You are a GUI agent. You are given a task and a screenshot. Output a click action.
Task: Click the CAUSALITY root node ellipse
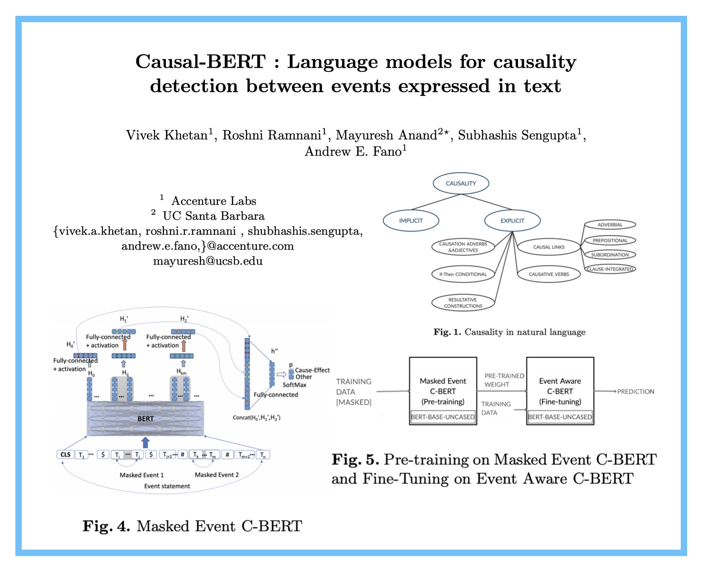click(461, 183)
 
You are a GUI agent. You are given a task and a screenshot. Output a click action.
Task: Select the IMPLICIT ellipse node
click(410, 221)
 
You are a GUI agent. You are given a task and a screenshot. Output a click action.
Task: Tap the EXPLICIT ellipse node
click(512, 221)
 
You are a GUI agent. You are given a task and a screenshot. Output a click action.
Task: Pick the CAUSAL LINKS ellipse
click(548, 247)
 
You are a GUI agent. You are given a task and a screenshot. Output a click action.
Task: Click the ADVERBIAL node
click(610, 225)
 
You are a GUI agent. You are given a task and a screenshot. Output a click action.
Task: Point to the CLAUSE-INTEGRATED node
click(610, 269)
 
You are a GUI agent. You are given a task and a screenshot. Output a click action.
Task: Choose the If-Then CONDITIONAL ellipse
click(463, 274)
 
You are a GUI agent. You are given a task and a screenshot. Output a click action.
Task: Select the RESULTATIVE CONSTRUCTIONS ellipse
click(463, 303)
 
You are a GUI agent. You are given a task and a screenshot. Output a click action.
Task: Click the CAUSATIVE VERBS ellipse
click(548, 274)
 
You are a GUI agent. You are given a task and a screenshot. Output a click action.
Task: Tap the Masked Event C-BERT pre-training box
click(443, 391)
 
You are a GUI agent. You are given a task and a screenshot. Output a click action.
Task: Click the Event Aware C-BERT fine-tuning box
click(560, 391)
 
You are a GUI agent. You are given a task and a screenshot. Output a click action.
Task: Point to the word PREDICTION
click(636, 392)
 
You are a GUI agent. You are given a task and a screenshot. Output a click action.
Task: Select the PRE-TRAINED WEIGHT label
click(504, 380)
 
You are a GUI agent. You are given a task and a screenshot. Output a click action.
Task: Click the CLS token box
click(66, 455)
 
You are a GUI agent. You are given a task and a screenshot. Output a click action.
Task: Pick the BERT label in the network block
click(145, 419)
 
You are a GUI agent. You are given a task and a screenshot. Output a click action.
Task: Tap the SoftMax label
click(294, 385)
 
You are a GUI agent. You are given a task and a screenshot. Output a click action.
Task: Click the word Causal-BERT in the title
click(200, 62)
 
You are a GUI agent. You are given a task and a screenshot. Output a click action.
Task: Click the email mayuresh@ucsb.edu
click(207, 261)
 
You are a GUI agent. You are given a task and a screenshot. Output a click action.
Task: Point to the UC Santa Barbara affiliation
click(213, 216)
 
